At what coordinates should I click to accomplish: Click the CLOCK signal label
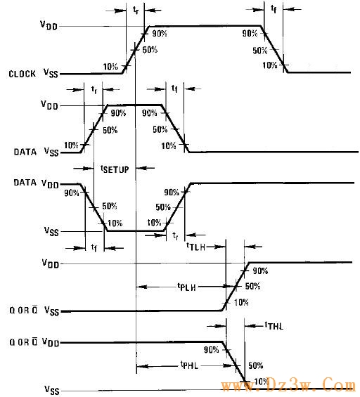click(22, 74)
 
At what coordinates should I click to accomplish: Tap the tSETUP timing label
click(115, 169)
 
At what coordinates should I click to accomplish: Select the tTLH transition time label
click(195, 247)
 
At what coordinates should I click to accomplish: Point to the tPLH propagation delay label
click(187, 287)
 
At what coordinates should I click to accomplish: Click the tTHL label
click(274, 326)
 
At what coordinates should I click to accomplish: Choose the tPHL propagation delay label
click(189, 365)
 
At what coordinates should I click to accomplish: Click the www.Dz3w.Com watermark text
click(289, 385)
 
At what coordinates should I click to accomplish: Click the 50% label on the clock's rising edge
click(150, 50)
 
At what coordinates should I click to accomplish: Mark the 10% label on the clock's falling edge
click(270, 65)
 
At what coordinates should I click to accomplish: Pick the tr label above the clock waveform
click(136, 10)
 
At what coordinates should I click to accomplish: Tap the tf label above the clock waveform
click(274, 9)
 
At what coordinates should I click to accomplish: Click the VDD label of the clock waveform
click(49, 25)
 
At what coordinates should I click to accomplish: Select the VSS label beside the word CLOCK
click(51, 72)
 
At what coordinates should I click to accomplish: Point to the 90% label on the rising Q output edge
click(260, 271)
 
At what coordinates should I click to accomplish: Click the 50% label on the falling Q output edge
click(255, 365)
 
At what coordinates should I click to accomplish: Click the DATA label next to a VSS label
click(25, 152)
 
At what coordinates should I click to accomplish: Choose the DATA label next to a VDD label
click(25, 182)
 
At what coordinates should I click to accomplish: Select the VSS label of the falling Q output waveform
click(52, 390)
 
